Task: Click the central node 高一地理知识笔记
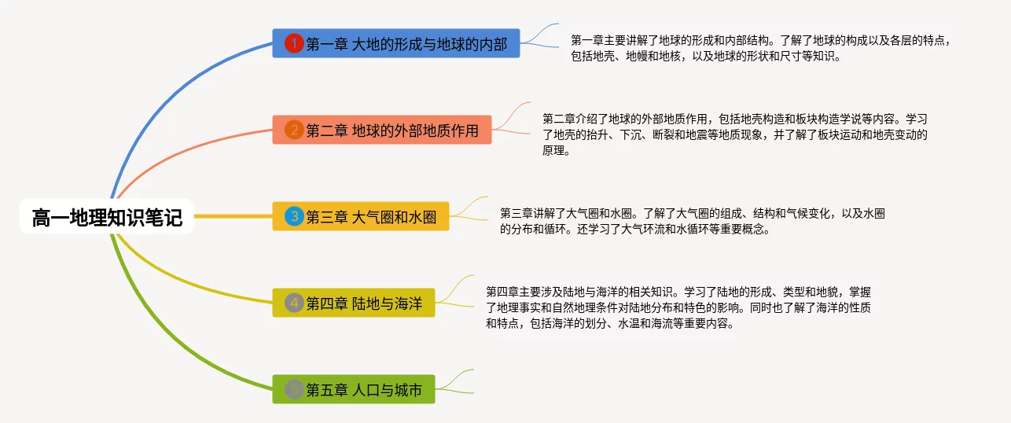point(107,216)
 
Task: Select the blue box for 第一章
point(395,43)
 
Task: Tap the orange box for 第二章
point(382,130)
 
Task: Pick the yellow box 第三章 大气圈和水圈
point(361,216)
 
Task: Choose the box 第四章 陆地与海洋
point(354,303)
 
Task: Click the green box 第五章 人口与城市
point(354,389)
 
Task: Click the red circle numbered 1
point(294,43)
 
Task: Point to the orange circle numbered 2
point(294,130)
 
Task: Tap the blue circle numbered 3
point(294,216)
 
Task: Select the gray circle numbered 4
point(294,303)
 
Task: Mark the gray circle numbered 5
point(294,389)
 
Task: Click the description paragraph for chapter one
point(761,48)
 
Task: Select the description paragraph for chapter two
point(735,134)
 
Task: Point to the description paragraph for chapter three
point(693,221)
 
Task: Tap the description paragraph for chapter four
point(678,307)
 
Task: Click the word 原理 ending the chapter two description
point(553,150)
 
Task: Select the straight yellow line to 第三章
point(233,216)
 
